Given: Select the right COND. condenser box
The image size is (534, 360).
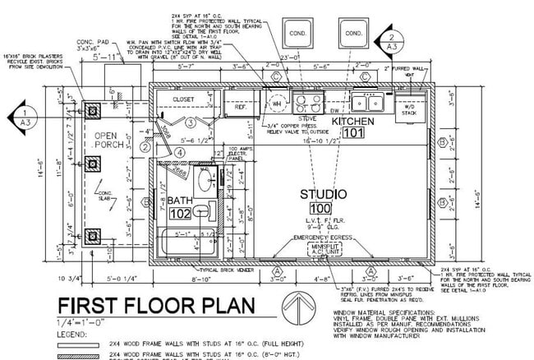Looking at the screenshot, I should click(x=352, y=35).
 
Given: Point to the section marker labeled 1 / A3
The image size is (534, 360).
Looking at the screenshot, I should click(x=28, y=116).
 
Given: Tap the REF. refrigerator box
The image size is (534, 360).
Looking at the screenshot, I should click(x=241, y=106).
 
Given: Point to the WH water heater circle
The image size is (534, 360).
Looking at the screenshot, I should click(x=276, y=104).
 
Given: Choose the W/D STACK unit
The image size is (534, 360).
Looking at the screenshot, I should click(x=407, y=108).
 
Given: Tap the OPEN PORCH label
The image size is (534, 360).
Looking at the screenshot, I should click(x=109, y=141).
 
